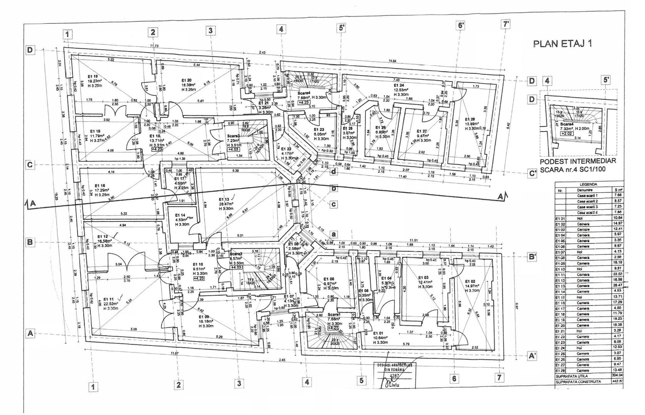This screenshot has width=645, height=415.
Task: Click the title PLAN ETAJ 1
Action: [x=562, y=43]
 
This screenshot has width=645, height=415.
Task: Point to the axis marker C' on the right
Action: [x=532, y=174]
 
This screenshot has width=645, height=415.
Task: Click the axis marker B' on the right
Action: [x=532, y=257]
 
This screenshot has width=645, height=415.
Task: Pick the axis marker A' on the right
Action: [x=532, y=356]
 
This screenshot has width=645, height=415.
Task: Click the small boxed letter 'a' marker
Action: [x=333, y=234]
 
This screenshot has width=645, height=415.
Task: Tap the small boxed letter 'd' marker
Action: [x=333, y=172]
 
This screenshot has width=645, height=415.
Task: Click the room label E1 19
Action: [x=93, y=76]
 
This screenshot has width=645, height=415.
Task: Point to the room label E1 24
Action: [x=398, y=85]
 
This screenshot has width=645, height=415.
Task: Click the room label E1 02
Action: [x=470, y=281]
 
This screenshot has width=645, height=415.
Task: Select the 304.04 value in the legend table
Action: [x=616, y=375]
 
